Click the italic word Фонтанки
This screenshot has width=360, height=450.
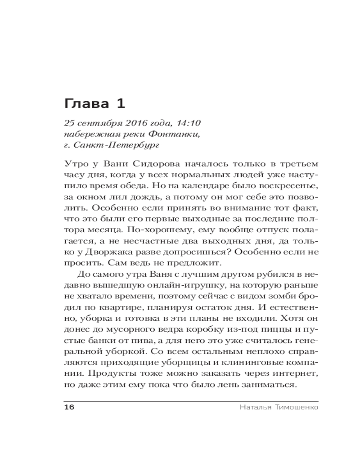point(167,134)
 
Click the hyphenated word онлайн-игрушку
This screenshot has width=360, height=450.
point(173,285)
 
